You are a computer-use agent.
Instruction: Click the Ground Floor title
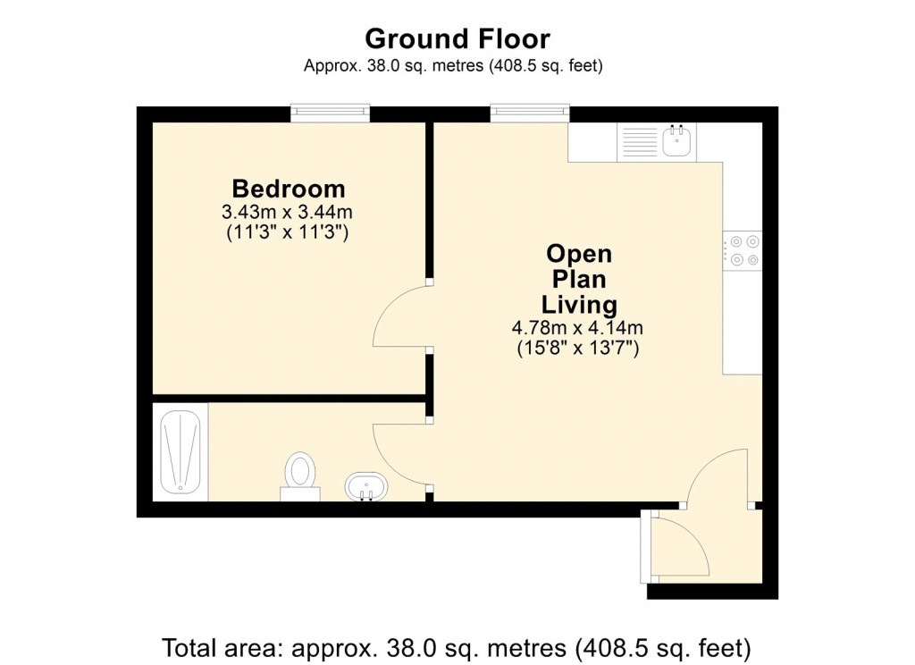(457, 38)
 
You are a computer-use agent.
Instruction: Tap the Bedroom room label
(288, 189)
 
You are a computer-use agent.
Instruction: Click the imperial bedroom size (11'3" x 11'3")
(288, 233)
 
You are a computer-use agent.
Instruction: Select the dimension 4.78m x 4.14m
(579, 328)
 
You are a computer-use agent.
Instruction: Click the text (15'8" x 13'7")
(579, 349)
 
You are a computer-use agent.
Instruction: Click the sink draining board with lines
(639, 141)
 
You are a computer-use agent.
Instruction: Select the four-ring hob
(743, 249)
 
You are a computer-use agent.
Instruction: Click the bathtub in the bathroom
(179, 453)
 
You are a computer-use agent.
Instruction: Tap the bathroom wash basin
(365, 488)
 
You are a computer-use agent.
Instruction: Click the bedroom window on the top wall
(330, 112)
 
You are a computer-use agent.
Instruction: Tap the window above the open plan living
(529, 112)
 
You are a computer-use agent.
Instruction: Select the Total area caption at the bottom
(457, 645)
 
